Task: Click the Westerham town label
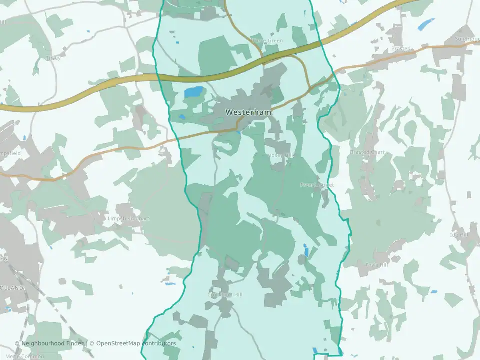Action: pos(249,112)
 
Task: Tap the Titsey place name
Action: pos(52,58)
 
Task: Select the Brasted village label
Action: pos(401,49)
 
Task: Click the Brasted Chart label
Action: pos(367,152)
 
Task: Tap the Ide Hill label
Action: pos(459,234)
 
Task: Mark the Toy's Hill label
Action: pos(376,265)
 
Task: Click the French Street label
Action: pos(316,185)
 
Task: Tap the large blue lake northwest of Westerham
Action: pos(194,92)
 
